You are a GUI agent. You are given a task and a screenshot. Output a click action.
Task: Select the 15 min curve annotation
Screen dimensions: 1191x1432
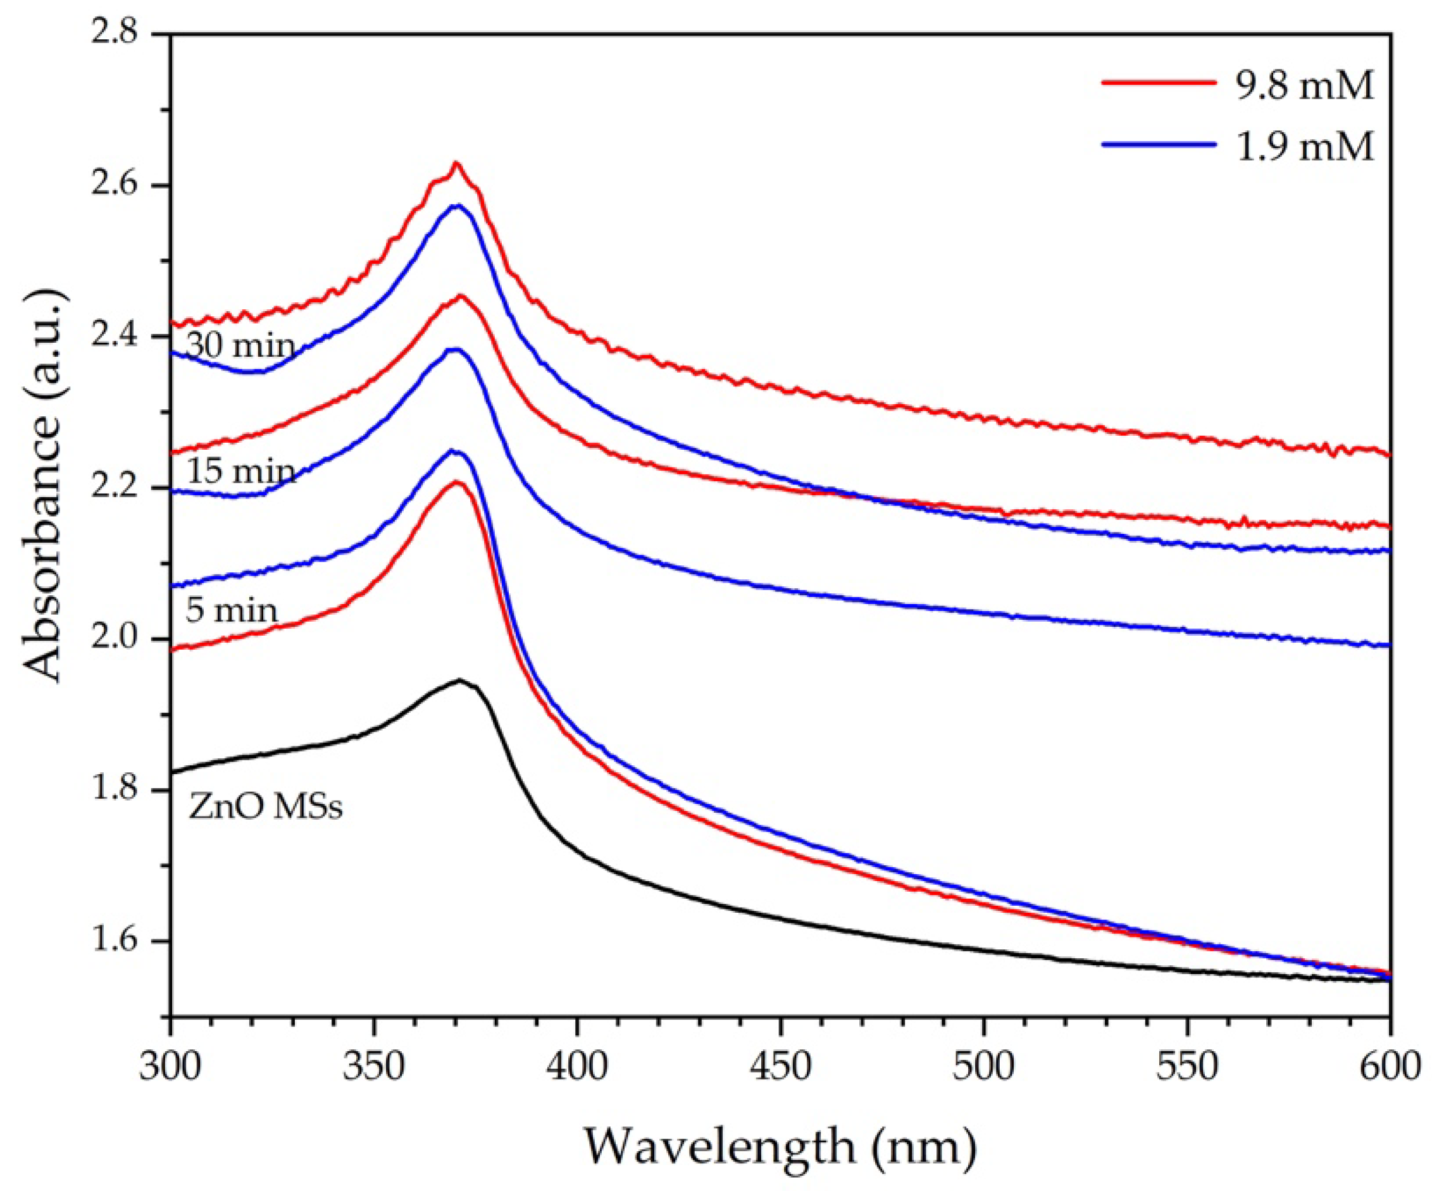coord(240,471)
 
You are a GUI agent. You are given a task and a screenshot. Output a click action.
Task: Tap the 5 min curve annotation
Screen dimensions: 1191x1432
coord(231,609)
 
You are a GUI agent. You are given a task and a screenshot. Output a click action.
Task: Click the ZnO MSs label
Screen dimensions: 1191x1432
coord(265,808)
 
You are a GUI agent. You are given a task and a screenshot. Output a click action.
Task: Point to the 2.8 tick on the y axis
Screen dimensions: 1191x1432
coord(123,34)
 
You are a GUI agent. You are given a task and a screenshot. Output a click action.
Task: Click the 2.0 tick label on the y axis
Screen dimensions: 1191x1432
coord(123,639)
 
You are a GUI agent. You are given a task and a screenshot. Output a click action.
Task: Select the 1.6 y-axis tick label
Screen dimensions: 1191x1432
coord(123,942)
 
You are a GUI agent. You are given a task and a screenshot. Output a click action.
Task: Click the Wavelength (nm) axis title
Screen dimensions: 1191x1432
coord(780,1145)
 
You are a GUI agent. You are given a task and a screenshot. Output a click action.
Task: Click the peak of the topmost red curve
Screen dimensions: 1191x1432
coord(456,163)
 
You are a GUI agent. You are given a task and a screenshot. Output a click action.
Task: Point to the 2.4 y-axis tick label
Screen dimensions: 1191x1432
coord(123,336)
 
